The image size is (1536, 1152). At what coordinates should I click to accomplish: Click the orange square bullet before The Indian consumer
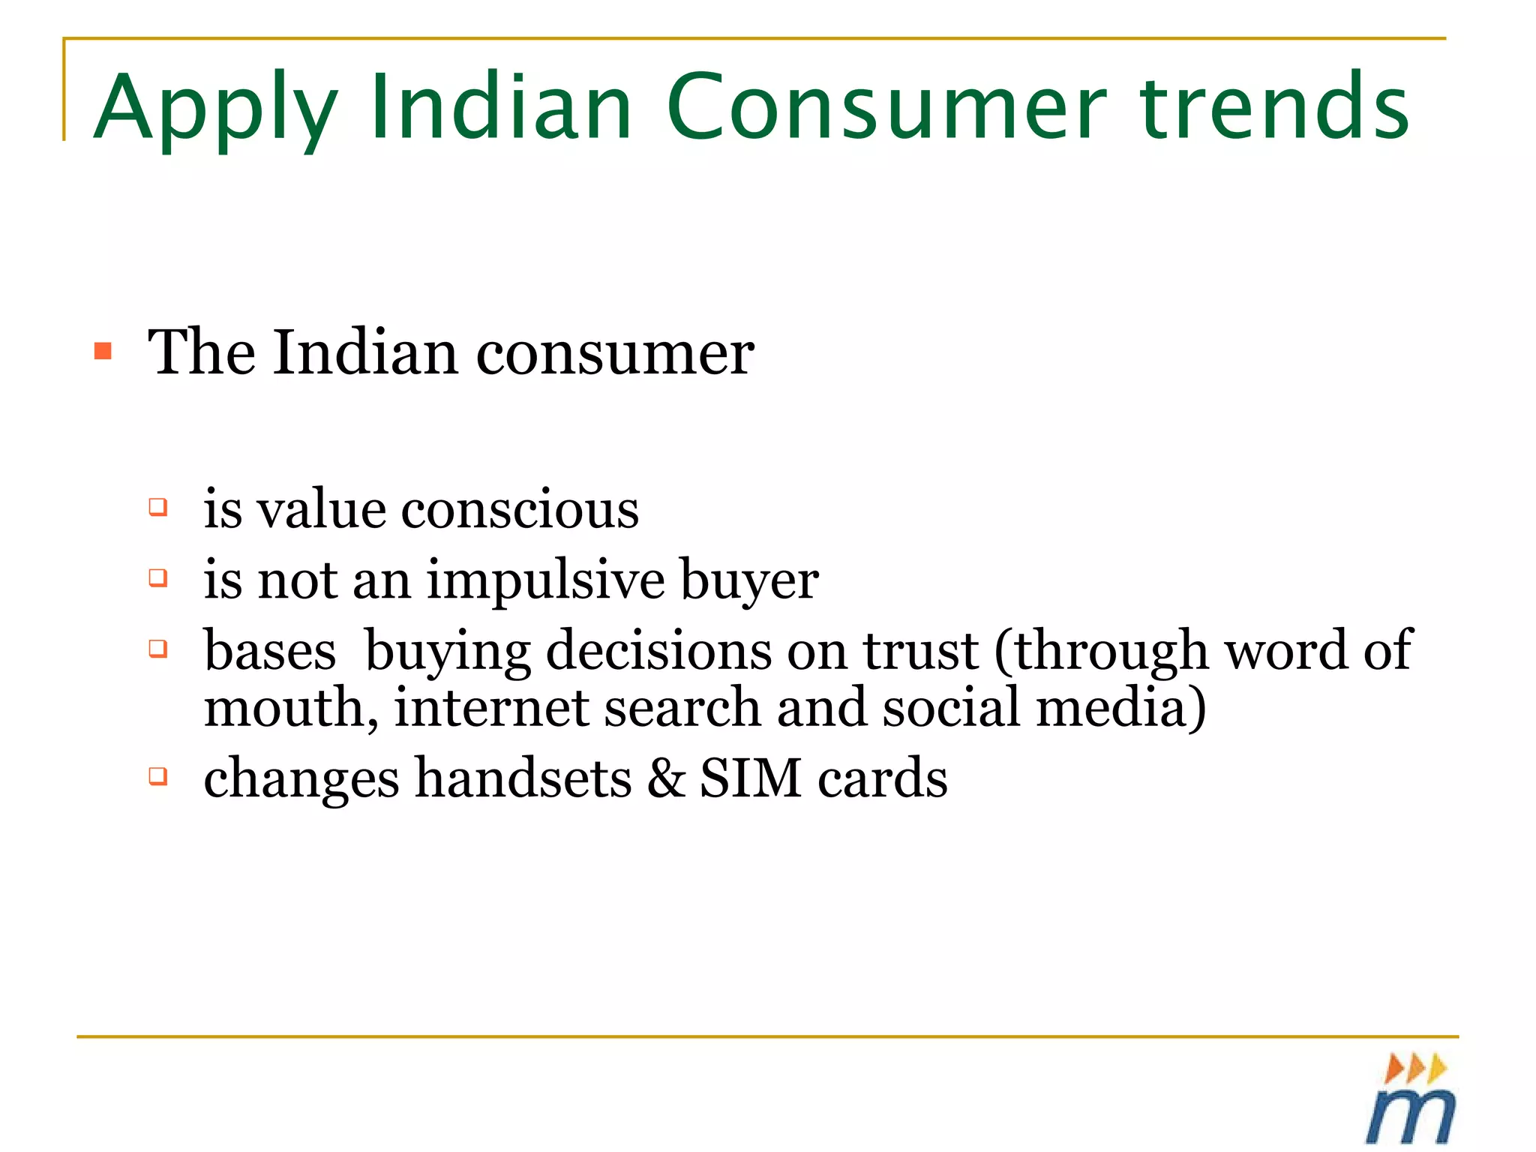(x=103, y=351)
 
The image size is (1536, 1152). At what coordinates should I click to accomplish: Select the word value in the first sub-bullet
(x=321, y=509)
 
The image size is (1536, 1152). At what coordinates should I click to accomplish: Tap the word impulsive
(x=546, y=581)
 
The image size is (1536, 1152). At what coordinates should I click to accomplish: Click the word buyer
(x=749, y=581)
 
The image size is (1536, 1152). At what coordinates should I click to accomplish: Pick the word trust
(x=920, y=650)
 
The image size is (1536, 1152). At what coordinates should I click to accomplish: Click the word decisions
(x=658, y=650)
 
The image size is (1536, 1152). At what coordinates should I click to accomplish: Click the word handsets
(x=523, y=778)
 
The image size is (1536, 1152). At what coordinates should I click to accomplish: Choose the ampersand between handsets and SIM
(x=666, y=778)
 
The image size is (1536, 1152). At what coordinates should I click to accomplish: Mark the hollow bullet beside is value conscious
(x=157, y=507)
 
